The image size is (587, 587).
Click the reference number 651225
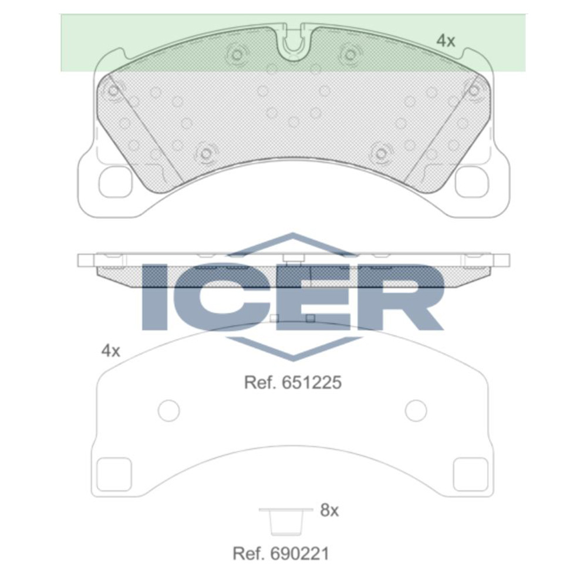293,383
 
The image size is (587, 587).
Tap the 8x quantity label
329,511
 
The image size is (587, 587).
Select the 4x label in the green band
446,41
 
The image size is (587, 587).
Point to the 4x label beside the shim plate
110,351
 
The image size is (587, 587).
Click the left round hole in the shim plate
169,410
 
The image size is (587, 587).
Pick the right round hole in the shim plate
416,410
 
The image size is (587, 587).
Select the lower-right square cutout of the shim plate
470,473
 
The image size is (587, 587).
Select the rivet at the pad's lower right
381,154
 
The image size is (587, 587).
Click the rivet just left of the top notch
237,55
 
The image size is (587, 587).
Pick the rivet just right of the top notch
350,55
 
